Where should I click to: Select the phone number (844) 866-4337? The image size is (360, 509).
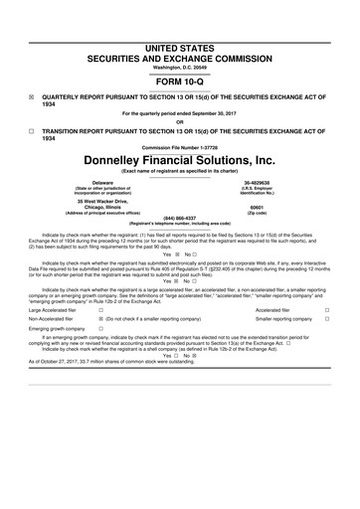(179, 218)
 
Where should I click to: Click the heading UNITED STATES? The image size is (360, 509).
(179, 21)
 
